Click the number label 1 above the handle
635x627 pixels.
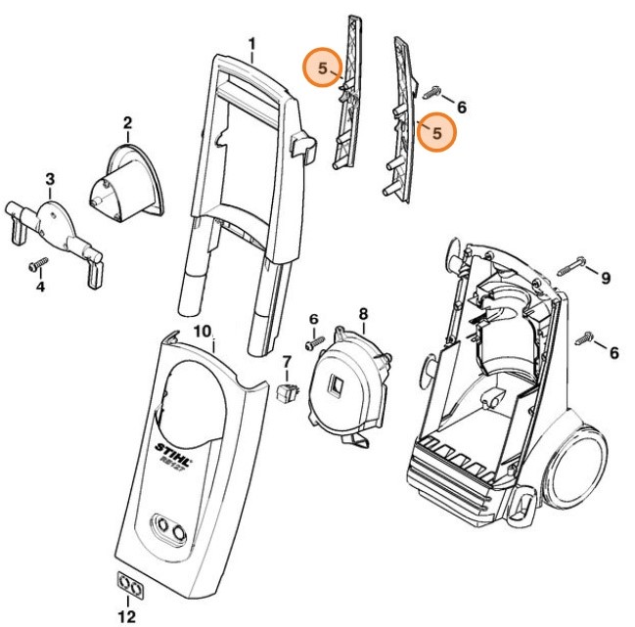pyautogui.click(x=251, y=44)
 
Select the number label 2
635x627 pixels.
pyautogui.click(x=127, y=123)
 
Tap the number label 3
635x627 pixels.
pyautogui.click(x=50, y=179)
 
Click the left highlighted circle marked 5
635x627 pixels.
pyautogui.click(x=323, y=68)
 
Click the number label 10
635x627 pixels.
pyautogui.click(x=202, y=331)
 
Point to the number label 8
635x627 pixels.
pyautogui.click(x=363, y=314)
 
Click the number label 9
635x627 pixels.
pyautogui.click(x=605, y=279)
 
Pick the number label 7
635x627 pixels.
pyautogui.click(x=287, y=363)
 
